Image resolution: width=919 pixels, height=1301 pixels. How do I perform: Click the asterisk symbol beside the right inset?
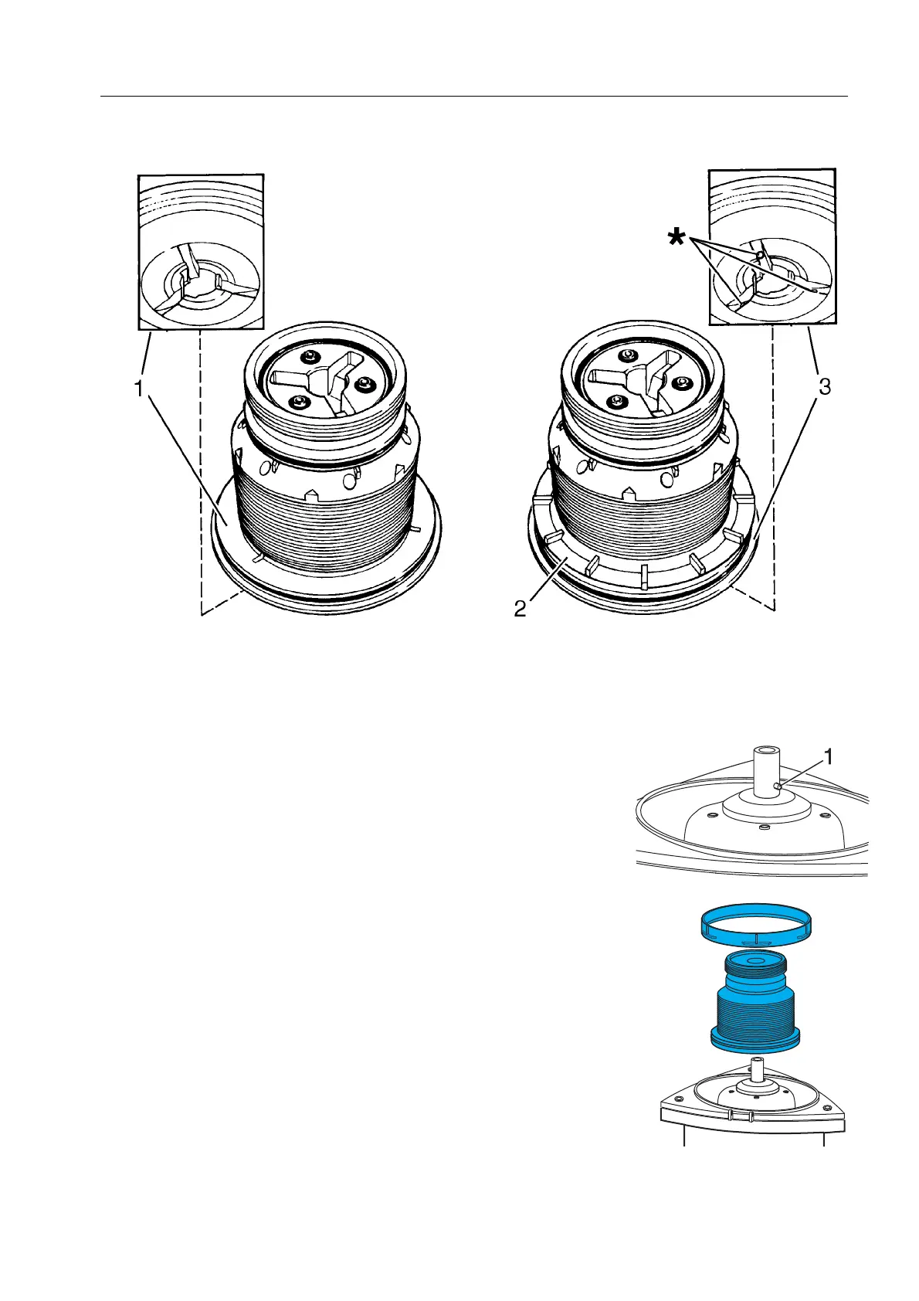[677, 238]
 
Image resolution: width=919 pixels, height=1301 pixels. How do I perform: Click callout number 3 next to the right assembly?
[824, 388]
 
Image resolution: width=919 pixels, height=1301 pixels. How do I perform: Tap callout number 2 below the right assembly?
[521, 609]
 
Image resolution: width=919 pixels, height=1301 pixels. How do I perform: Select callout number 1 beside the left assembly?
[139, 389]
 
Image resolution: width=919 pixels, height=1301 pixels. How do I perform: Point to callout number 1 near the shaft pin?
[829, 758]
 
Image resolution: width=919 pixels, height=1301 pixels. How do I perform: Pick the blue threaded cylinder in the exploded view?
[755, 1012]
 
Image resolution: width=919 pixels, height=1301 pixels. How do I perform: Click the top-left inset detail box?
[201, 252]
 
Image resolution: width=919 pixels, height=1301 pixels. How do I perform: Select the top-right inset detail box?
[771, 246]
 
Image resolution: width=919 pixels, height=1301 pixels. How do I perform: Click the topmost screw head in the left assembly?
[310, 356]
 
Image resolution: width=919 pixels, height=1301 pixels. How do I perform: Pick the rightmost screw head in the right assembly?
[683, 382]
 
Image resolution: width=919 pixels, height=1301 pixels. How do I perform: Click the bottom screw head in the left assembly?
[296, 402]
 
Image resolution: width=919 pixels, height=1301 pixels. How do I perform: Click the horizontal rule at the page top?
[474, 97]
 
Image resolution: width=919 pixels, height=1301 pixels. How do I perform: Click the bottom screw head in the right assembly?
[616, 402]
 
